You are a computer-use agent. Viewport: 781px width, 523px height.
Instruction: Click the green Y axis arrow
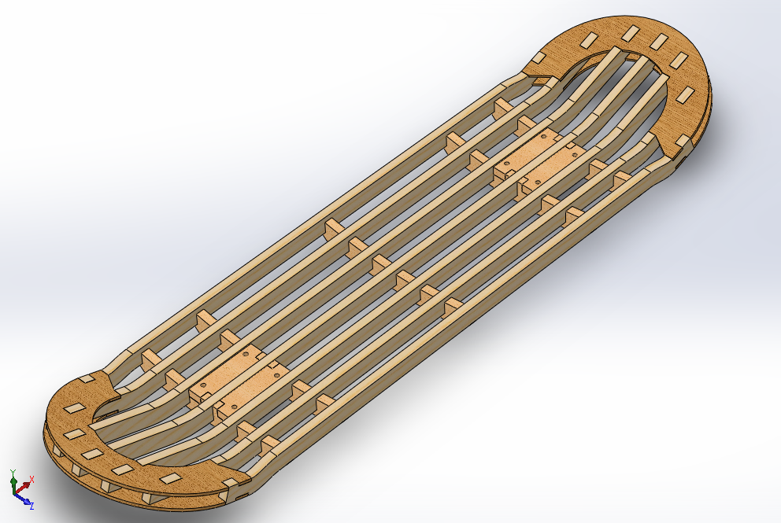tap(13, 482)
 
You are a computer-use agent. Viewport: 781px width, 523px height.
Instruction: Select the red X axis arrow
tap(26, 485)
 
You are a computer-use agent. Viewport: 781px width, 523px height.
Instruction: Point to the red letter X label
tap(31, 479)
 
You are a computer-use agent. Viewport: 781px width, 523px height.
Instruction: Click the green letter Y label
tap(13, 472)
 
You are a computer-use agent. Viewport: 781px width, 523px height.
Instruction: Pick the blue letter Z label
tap(31, 506)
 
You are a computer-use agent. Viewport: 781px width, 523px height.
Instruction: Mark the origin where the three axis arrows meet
tap(14, 494)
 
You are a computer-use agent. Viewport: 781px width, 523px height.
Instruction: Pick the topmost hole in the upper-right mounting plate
tap(543, 136)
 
